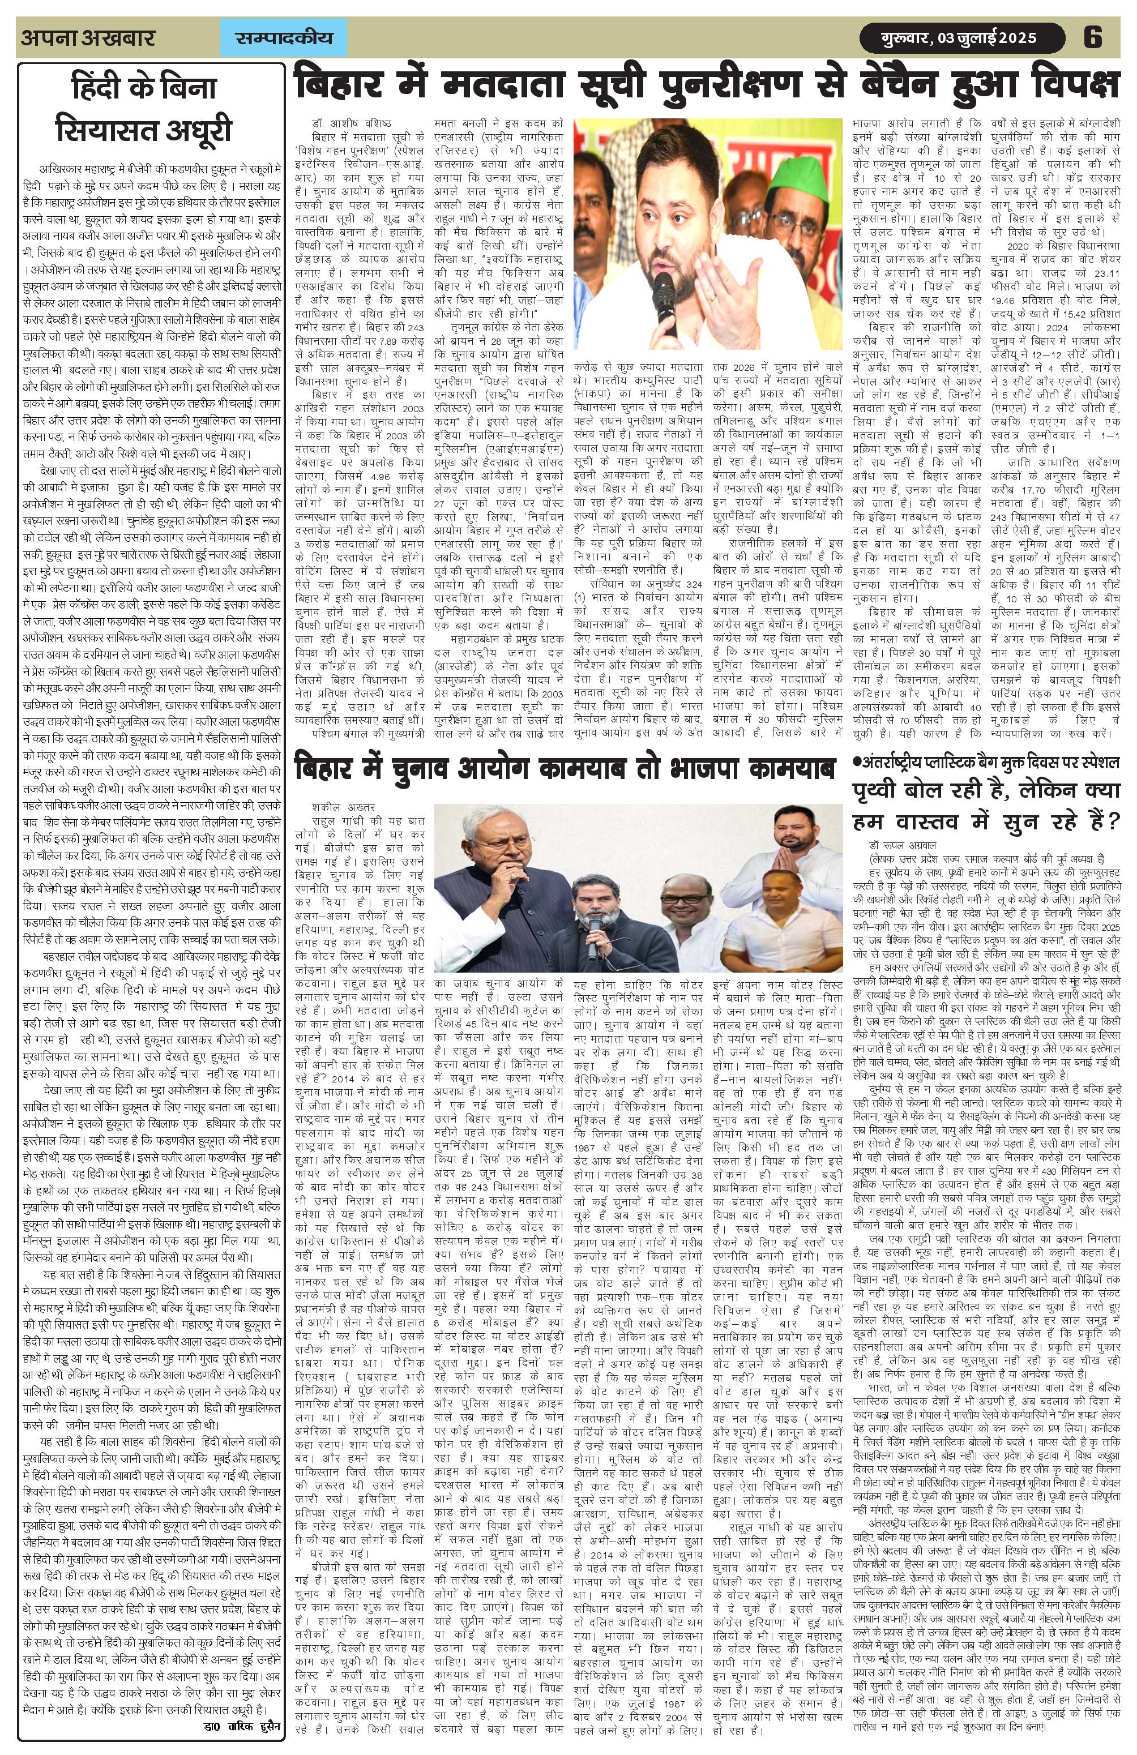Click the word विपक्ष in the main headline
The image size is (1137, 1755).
1068,85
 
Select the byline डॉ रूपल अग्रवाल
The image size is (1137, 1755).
908,844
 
